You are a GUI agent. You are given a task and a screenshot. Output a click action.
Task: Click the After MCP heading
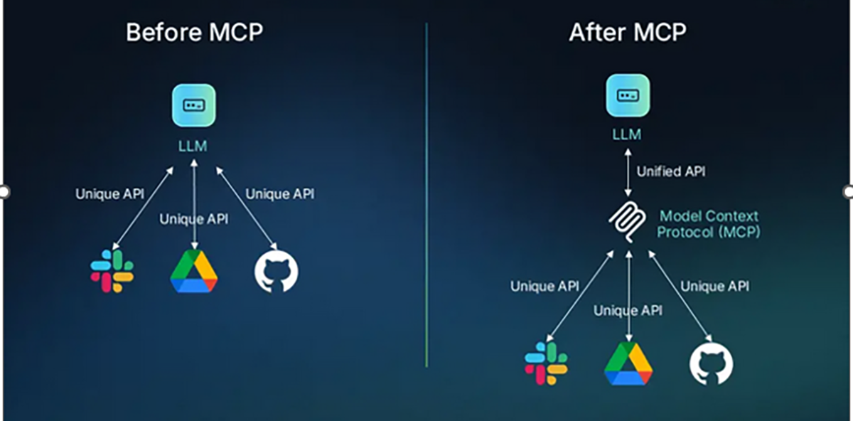tap(628, 33)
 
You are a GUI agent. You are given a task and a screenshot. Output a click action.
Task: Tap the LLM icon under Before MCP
tap(194, 105)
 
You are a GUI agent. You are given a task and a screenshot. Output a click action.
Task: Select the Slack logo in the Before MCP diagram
tap(112, 271)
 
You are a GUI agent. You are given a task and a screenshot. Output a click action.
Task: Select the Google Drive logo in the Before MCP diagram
tap(194, 271)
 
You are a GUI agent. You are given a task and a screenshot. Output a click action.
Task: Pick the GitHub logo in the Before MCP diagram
tap(277, 271)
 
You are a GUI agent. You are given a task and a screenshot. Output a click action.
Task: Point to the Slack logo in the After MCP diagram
tap(546, 363)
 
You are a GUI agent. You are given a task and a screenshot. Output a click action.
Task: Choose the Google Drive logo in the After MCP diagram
tap(628, 363)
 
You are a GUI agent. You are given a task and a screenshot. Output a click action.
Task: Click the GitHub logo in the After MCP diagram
tap(711, 363)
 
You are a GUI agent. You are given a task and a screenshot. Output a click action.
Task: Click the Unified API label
tap(671, 171)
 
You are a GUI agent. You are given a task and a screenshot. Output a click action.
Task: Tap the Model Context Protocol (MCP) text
tap(709, 223)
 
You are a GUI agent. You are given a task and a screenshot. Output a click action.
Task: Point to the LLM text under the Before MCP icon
tap(194, 146)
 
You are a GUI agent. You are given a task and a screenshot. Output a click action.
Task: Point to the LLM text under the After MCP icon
tap(628, 134)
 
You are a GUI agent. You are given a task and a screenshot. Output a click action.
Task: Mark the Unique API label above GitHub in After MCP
tap(714, 287)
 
